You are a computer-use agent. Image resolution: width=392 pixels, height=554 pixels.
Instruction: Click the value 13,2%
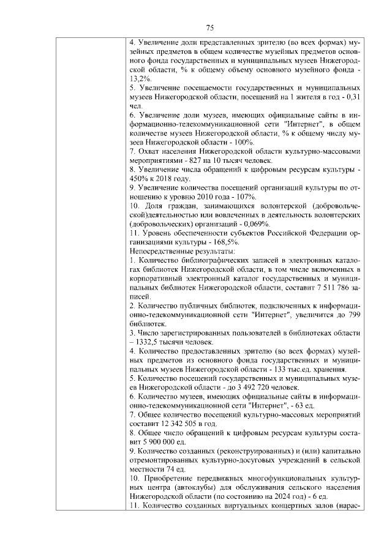[140, 79]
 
